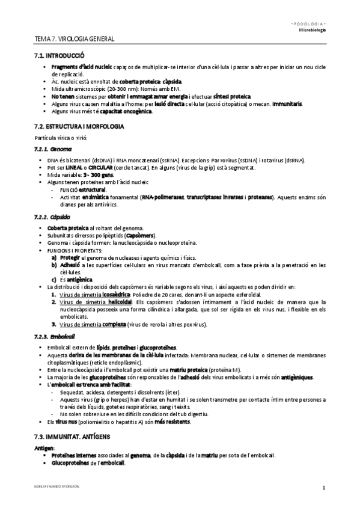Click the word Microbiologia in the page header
(x=313, y=29)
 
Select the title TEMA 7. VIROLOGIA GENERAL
(x=75, y=39)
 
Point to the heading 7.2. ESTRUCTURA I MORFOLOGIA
(x=79, y=127)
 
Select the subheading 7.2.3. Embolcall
(x=55, y=336)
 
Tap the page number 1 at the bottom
(x=324, y=488)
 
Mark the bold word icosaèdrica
(x=116, y=295)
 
